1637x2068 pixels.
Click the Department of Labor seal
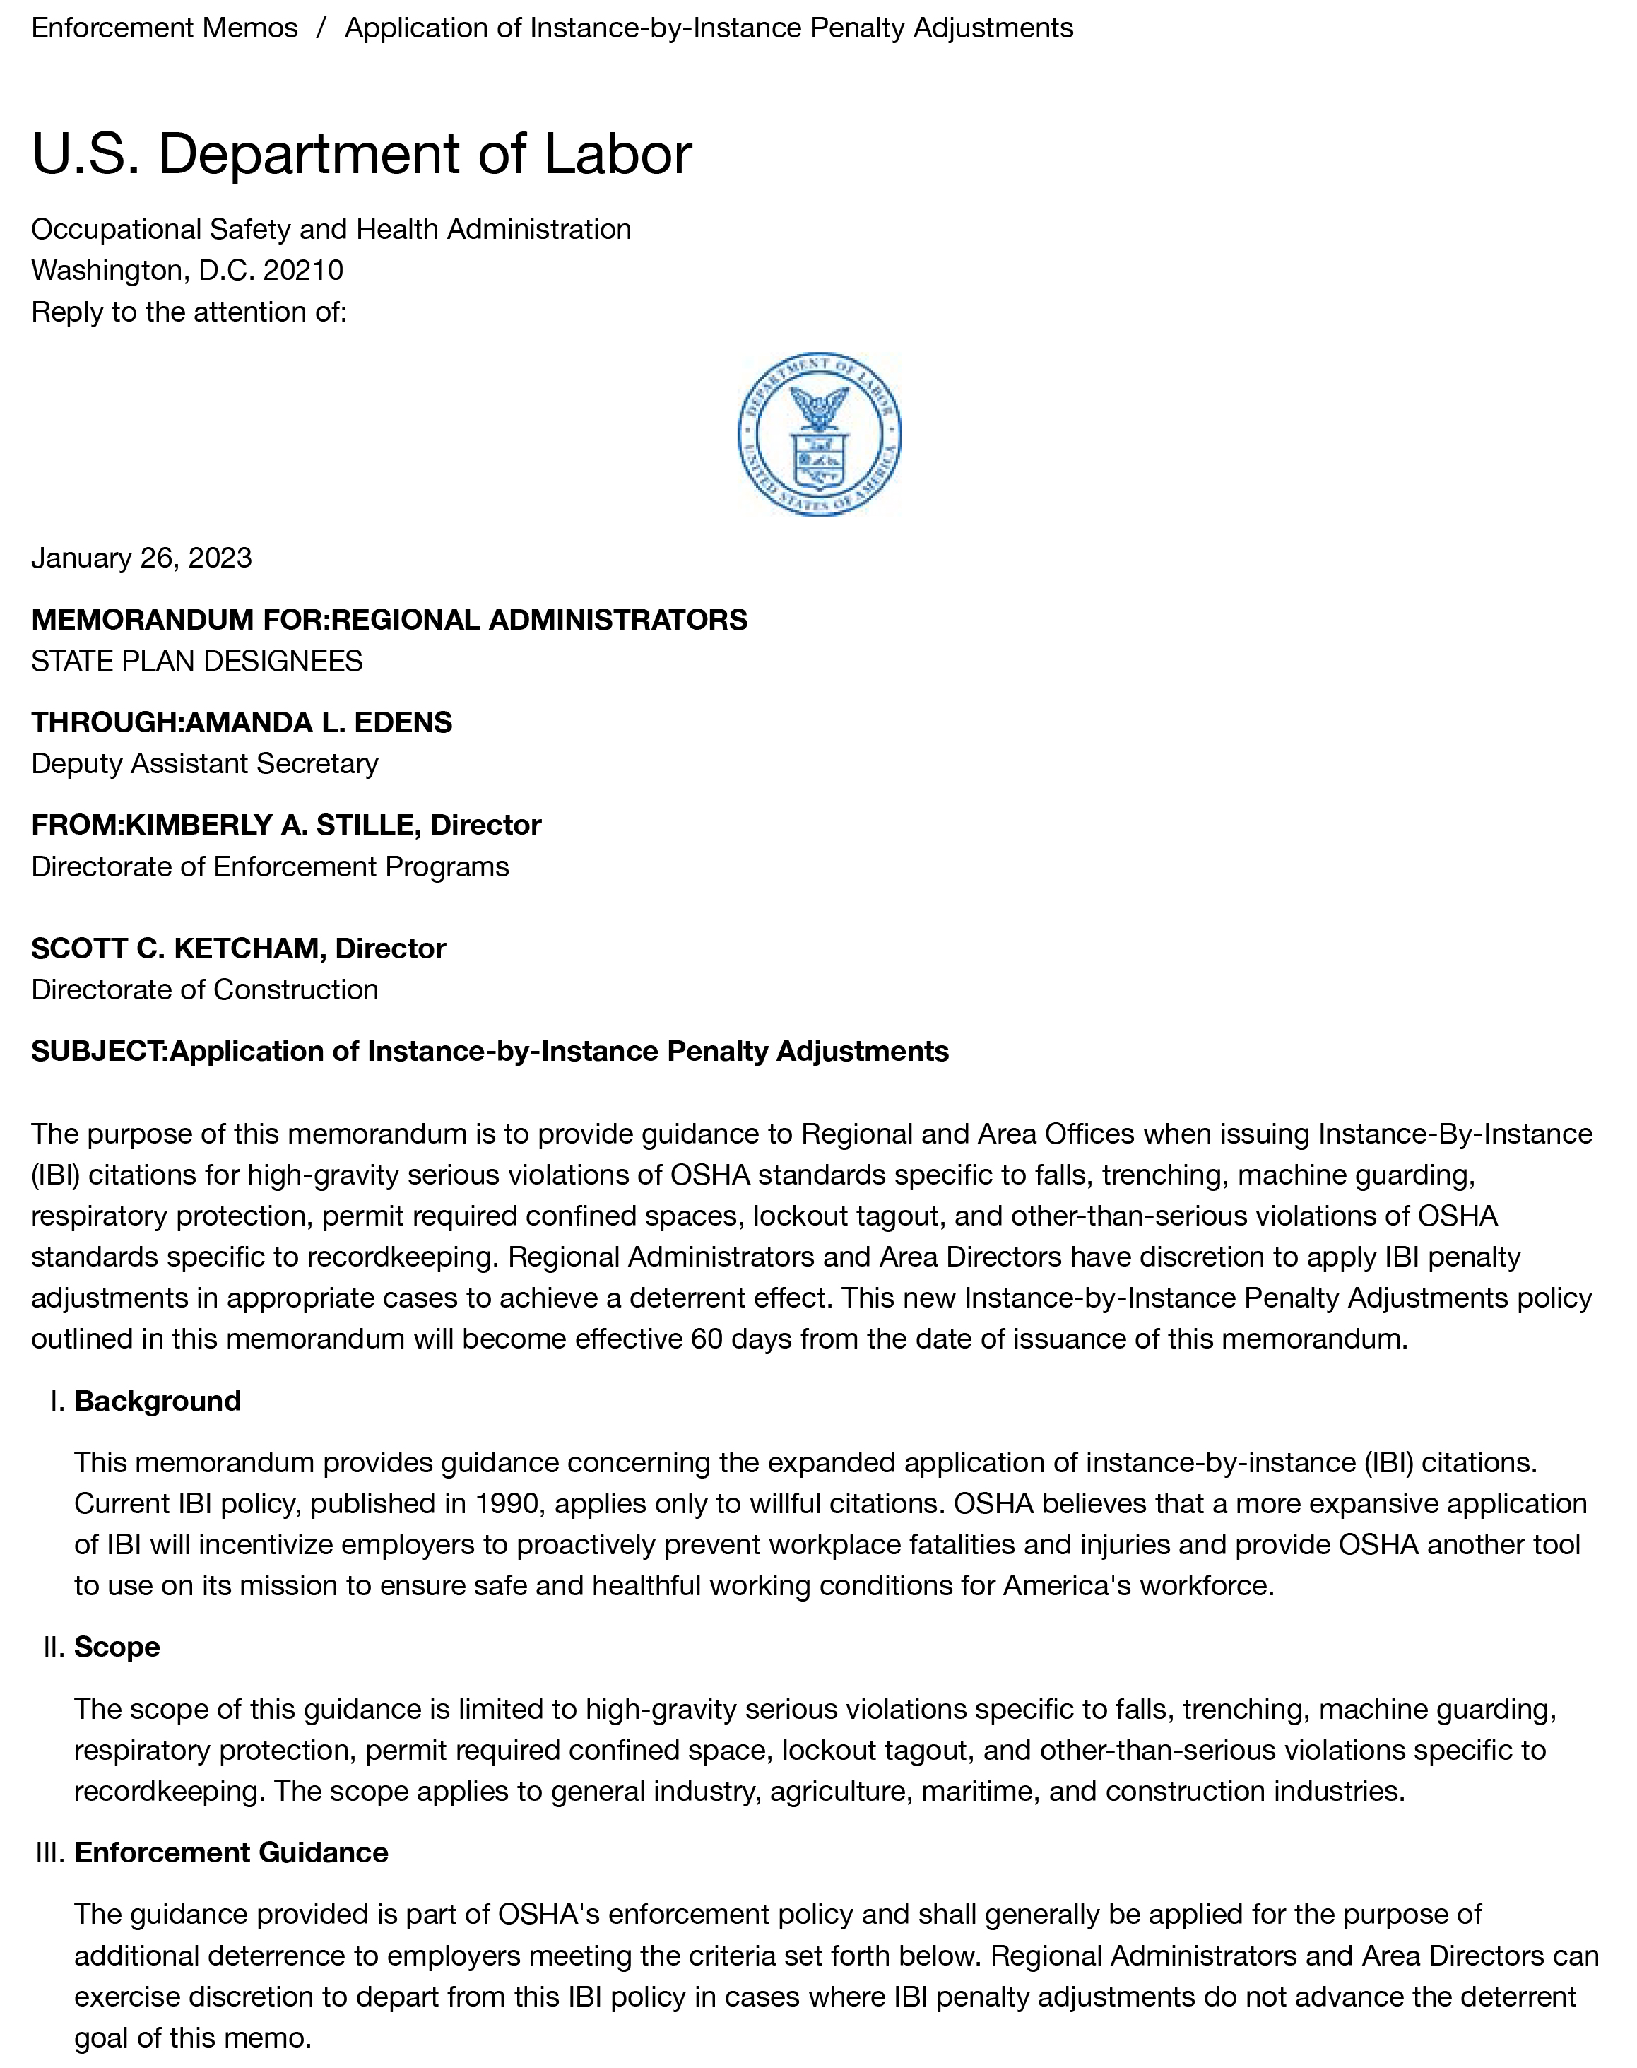pos(818,435)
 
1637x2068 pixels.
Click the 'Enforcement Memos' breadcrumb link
pos(164,28)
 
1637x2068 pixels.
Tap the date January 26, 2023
pos(142,558)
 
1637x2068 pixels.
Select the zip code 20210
pos(303,271)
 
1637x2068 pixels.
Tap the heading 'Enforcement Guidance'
pos(231,1852)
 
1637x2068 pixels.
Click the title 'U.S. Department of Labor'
pos(361,153)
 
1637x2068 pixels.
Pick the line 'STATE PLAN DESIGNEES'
pos(196,661)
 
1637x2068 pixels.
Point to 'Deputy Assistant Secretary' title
pos(205,763)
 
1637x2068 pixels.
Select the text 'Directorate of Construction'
pos(205,989)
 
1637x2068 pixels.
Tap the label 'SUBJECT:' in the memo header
pos(100,1051)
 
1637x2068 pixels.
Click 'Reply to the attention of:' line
pos(189,312)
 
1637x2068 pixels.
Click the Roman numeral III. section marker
pos(50,1852)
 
